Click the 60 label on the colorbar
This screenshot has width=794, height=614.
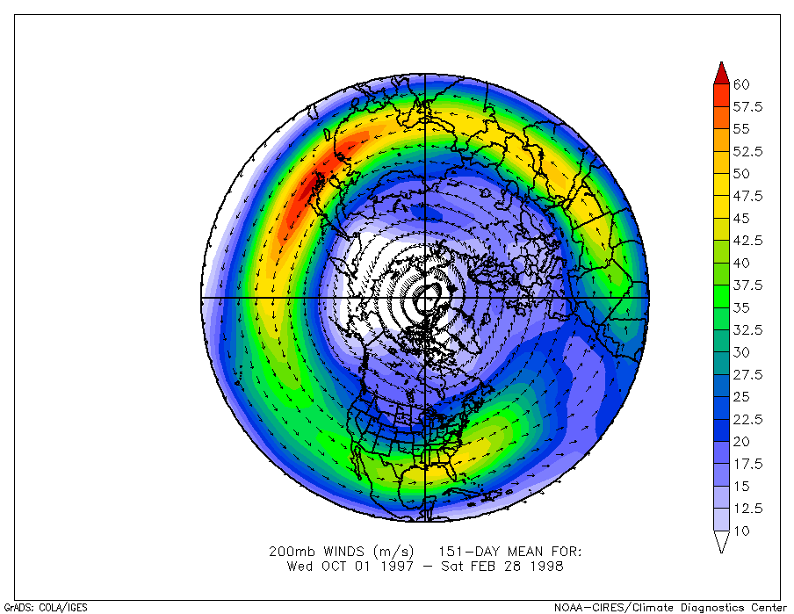coord(741,84)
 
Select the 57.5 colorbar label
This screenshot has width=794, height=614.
coord(748,107)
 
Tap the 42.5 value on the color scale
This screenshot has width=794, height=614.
coord(748,241)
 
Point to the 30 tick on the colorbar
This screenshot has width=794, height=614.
coord(741,352)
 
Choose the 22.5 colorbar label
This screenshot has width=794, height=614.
coord(748,419)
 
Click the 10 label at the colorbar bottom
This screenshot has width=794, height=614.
coord(741,531)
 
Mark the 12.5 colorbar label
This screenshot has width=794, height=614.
coord(748,509)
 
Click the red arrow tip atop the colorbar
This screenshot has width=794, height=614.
coord(720,69)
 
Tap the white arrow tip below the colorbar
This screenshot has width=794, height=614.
coord(720,545)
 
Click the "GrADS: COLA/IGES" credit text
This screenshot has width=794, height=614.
coord(46,606)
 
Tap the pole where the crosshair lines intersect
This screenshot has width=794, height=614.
coord(426,299)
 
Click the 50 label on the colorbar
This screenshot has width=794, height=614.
coord(741,174)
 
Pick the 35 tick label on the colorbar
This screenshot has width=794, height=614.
coord(741,307)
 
